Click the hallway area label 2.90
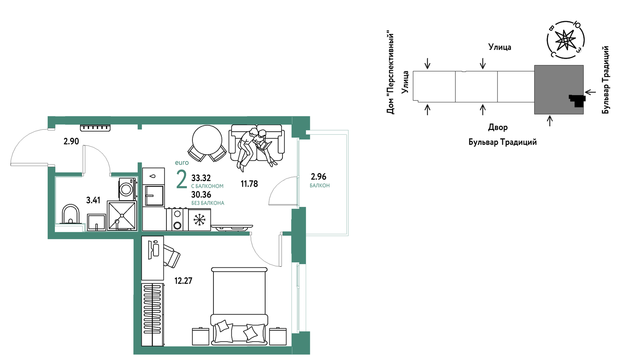[71, 141]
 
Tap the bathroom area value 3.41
[93, 200]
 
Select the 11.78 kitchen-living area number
[249, 184]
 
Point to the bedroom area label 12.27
[183, 281]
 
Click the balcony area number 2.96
[319, 177]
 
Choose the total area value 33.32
[201, 178]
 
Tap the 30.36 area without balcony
[201, 195]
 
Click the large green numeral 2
[181, 179]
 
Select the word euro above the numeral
[182, 163]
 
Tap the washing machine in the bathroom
[127, 189]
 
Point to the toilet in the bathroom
[70, 214]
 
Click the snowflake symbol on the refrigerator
[199, 220]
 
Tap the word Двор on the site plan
[498, 127]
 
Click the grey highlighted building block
[559, 90]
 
